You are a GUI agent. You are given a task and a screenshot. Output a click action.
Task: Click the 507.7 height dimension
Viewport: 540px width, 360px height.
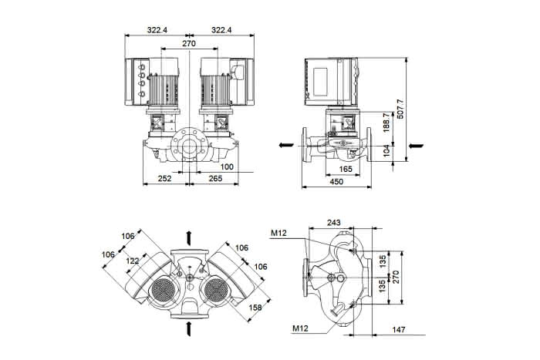(400, 109)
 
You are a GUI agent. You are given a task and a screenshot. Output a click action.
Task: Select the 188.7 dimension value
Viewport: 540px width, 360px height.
(386, 123)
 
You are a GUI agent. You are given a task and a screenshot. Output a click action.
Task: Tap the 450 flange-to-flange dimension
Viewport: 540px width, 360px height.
(336, 182)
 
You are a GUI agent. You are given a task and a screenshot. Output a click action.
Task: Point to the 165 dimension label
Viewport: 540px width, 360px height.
(346, 169)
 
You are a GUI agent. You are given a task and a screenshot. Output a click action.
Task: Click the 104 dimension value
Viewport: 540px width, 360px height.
(386, 151)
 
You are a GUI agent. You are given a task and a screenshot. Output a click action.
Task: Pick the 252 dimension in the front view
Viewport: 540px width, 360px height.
(164, 179)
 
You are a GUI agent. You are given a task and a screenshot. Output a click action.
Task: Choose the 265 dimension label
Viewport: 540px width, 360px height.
(215, 179)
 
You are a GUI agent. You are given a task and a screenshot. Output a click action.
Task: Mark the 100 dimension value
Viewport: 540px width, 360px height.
(227, 167)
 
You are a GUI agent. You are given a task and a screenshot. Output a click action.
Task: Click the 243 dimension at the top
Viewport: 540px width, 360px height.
(333, 223)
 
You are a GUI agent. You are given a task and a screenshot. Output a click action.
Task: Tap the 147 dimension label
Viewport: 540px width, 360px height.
(399, 330)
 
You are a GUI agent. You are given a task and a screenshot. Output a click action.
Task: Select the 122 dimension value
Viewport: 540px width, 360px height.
(133, 261)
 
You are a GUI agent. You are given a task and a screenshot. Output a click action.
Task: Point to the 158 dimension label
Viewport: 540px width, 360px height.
(255, 308)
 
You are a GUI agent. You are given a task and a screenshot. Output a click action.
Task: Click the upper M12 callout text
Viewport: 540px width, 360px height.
(278, 234)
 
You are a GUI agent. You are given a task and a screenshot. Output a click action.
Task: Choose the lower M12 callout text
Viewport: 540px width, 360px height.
(300, 328)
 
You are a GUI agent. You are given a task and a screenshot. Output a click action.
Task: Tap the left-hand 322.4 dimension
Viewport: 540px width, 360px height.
(157, 30)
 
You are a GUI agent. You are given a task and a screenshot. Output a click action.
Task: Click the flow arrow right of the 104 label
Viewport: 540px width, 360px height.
(416, 146)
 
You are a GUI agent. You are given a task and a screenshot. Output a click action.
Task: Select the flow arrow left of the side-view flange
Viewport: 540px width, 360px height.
(286, 145)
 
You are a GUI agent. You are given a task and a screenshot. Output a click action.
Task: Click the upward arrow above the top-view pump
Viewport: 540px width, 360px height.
(189, 238)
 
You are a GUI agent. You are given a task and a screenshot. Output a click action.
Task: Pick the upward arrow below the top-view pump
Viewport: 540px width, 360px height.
(189, 328)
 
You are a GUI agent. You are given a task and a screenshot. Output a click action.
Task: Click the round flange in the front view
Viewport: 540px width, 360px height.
(190, 146)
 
